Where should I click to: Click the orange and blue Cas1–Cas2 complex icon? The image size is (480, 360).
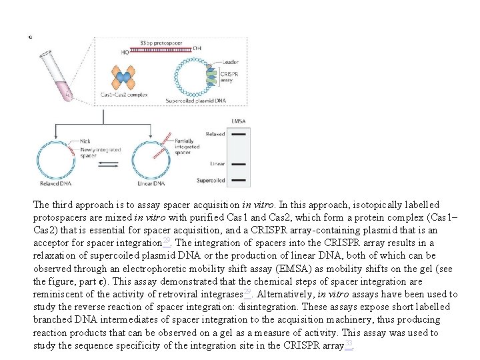click(x=123, y=77)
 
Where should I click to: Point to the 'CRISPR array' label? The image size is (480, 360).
click(x=229, y=77)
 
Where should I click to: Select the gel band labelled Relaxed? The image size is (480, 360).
click(x=240, y=134)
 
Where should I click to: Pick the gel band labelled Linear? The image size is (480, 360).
click(x=240, y=163)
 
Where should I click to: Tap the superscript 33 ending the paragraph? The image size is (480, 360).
click(x=348, y=344)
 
